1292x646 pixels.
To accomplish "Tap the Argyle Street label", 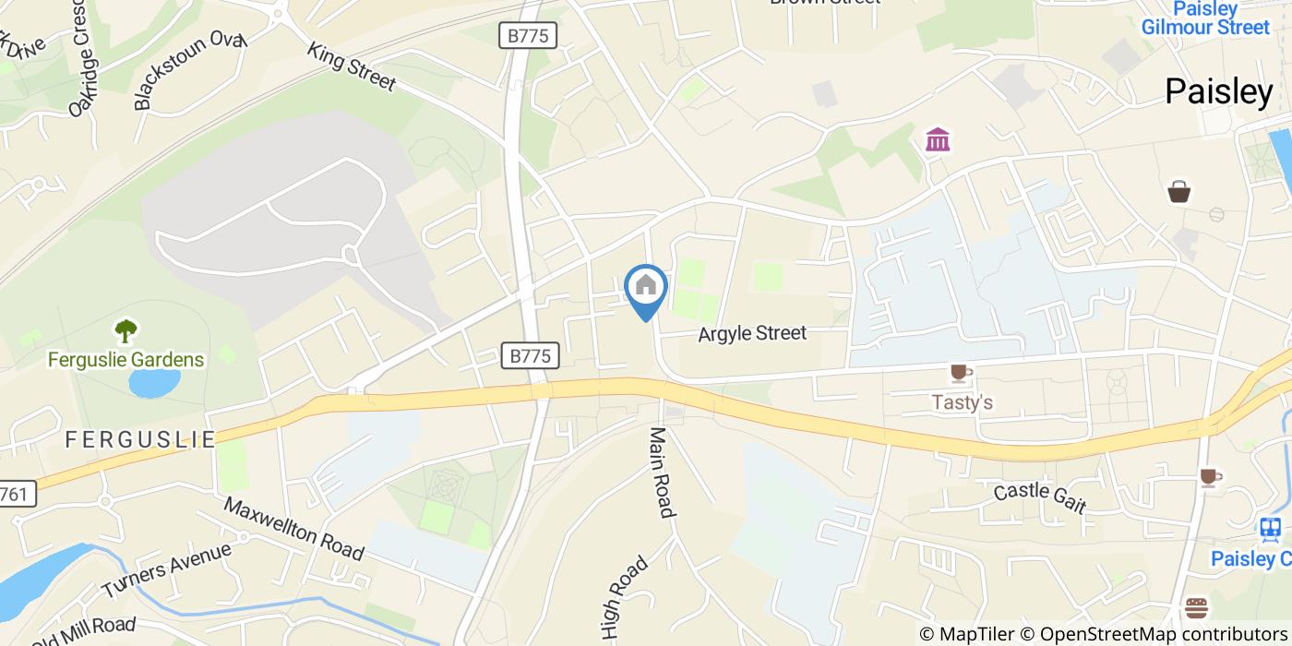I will [752, 333].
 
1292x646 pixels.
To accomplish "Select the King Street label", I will [352, 67].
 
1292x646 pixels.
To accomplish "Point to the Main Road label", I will [663, 473].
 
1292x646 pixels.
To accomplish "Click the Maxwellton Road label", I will [293, 530].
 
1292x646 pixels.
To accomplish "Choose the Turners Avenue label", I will [166, 570].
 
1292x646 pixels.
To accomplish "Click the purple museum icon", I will [939, 140].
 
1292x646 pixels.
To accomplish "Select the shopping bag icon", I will [1178, 191].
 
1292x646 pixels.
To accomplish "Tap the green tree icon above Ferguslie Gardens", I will [126, 329].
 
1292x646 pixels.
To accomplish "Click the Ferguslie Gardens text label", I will [126, 359].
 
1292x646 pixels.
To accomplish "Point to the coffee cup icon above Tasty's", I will [961, 373].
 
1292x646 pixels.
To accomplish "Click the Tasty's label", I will [962, 402].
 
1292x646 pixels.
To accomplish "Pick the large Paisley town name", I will [1218, 91].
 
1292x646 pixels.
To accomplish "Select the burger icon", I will [1197, 608].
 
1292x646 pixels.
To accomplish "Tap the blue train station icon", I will [1271, 529].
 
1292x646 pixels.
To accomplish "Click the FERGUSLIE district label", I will [140, 439].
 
